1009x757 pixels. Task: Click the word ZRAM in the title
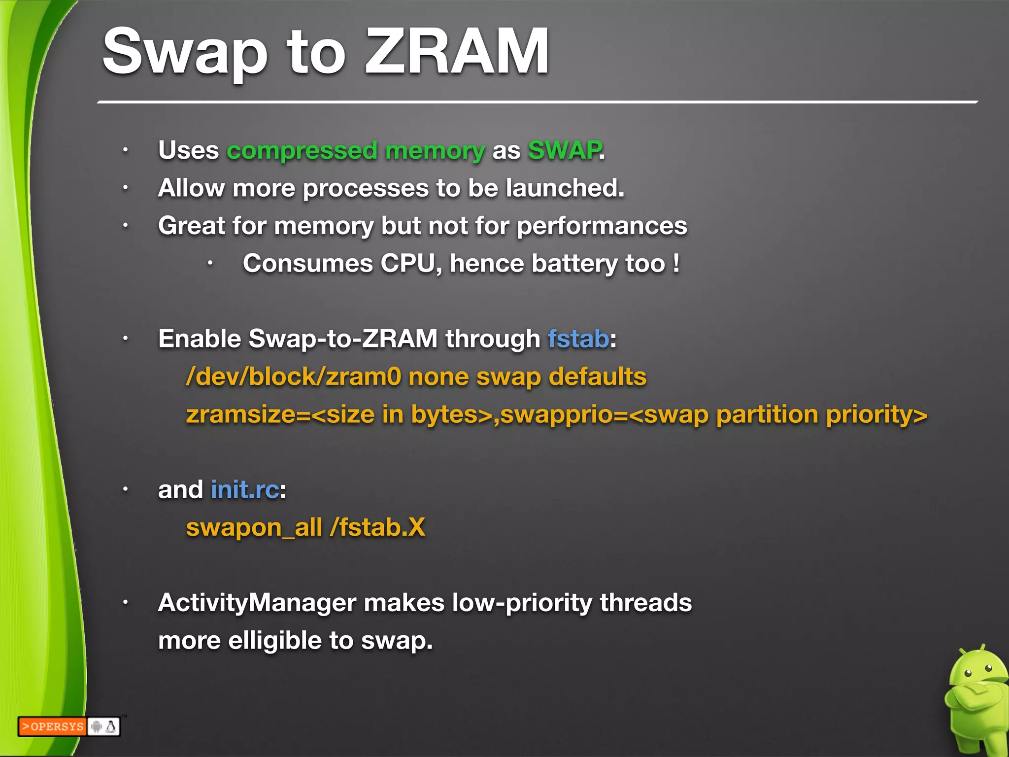[456, 51]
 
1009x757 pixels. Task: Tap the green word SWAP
[565, 150]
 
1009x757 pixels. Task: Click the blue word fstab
[578, 339]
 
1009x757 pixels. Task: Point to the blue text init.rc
[245, 490]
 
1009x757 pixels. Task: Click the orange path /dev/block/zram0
[294, 377]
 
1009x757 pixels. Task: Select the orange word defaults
[597, 377]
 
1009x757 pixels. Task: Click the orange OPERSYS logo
[52, 726]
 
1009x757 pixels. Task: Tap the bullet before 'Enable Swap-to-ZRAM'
[126, 339]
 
